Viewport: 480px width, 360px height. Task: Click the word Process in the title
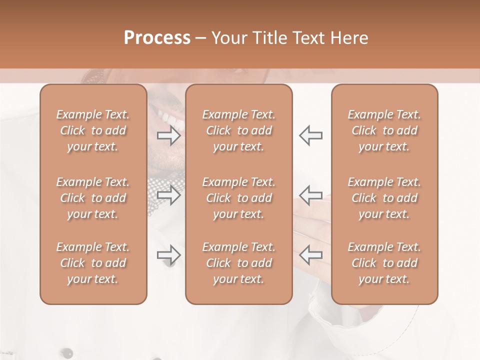point(157,38)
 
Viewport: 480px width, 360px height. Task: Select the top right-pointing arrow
point(169,135)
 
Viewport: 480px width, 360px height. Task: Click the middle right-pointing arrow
point(169,195)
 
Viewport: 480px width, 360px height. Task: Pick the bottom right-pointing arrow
point(169,255)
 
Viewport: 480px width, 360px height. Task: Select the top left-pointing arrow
point(310,135)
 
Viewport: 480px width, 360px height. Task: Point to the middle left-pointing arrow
point(310,195)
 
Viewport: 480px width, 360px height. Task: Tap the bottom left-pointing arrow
point(310,255)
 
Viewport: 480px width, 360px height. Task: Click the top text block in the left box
point(93,130)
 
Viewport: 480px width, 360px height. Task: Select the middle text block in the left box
point(93,198)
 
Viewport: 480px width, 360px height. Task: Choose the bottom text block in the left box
point(93,263)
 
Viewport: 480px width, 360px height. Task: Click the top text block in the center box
point(239,130)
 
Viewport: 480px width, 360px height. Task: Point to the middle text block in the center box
point(239,198)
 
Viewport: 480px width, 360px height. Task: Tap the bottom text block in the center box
point(239,263)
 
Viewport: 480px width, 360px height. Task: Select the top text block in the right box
point(384,130)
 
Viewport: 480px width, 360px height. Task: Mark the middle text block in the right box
point(384,198)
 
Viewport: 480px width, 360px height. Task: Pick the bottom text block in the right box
point(384,263)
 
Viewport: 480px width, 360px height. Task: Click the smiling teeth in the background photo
point(170,120)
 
